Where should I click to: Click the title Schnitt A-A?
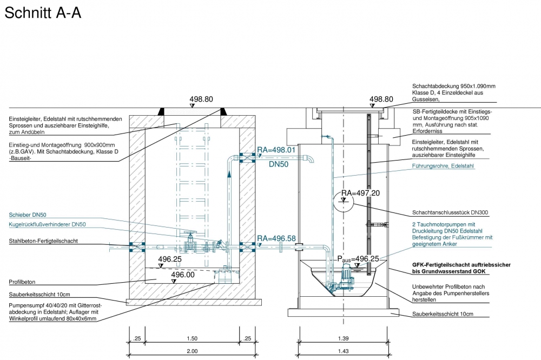pos(43,13)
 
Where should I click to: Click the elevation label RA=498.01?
pos(276,150)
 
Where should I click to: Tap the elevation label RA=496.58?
pos(276,238)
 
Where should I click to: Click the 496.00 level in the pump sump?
pos(182,275)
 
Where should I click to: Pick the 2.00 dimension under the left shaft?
pos(193,351)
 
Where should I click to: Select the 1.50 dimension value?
pos(193,338)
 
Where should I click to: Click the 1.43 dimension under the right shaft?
pos(344,351)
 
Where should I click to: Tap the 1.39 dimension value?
pos(344,338)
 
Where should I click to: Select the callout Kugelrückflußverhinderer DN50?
pos(48,224)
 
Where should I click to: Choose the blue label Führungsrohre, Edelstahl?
pos(443,166)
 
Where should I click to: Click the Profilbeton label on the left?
pos(22,282)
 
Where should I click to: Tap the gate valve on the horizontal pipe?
pos(189,242)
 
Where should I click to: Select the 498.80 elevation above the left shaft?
pos(201,99)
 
